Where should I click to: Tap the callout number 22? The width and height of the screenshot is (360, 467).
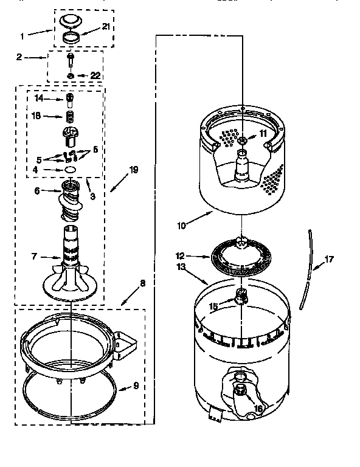95,75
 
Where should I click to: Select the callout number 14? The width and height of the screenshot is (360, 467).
39,98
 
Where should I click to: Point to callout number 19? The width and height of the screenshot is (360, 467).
133,171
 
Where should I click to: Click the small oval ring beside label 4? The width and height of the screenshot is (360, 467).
70,169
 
